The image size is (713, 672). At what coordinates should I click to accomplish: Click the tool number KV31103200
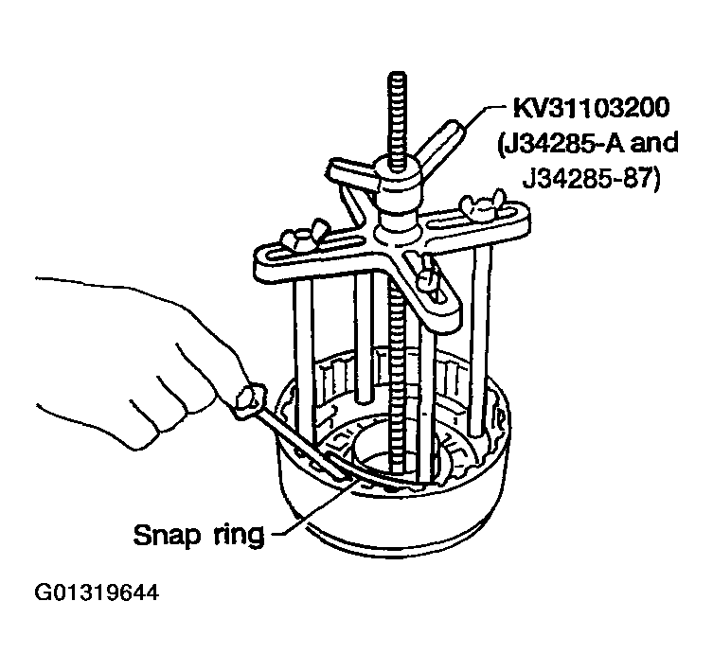[591, 108]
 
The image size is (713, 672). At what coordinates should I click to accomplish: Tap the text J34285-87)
[591, 178]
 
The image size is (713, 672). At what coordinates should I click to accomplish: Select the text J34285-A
[561, 143]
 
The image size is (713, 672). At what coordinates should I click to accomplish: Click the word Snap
[168, 535]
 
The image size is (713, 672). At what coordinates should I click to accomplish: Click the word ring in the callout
[239, 536]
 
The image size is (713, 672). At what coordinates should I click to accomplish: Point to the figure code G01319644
[97, 592]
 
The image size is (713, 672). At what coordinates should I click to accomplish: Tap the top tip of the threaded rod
[399, 73]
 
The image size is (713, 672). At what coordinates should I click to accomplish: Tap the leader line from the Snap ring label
[312, 505]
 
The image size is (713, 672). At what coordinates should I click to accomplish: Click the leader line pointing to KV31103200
[482, 117]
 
